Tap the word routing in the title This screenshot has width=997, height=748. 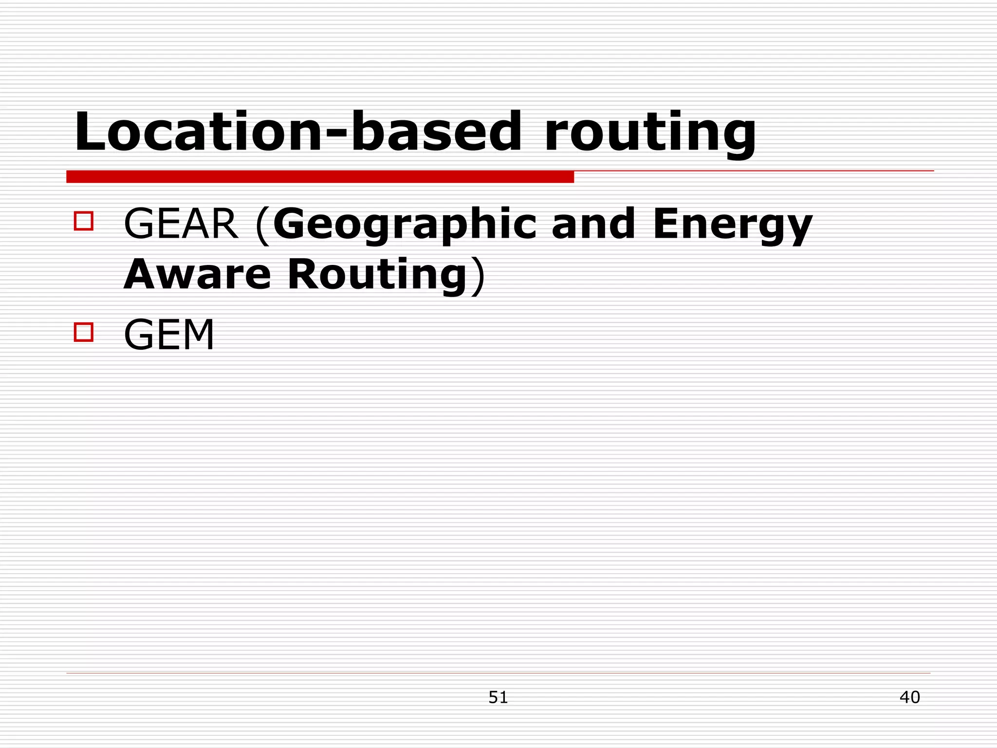pyautogui.click(x=650, y=132)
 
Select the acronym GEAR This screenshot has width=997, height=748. pyautogui.click(x=181, y=224)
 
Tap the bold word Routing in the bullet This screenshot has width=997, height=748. pyautogui.click(x=378, y=275)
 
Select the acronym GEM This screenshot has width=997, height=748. pyautogui.click(x=169, y=335)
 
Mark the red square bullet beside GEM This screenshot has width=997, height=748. pyautogui.click(x=84, y=332)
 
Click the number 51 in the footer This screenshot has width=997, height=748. pyautogui.click(x=498, y=697)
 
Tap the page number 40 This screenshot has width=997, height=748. pyautogui.click(x=909, y=697)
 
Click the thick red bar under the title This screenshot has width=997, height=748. pyautogui.click(x=320, y=177)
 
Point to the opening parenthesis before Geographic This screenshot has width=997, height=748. pyautogui.click(x=262, y=225)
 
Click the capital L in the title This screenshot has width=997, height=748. pyautogui.click(x=91, y=131)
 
